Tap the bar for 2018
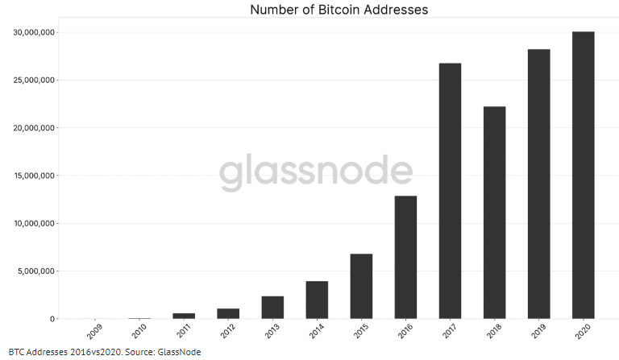(x=494, y=213)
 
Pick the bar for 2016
(x=405, y=257)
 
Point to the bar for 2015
(x=361, y=286)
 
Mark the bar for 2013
(x=272, y=307)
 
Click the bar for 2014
(x=317, y=300)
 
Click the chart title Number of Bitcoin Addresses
(x=339, y=10)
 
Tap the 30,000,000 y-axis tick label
(x=34, y=32)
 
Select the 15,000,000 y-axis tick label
(x=34, y=176)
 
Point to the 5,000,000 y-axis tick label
(x=36, y=271)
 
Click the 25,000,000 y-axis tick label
(x=34, y=80)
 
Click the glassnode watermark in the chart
(x=316, y=172)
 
